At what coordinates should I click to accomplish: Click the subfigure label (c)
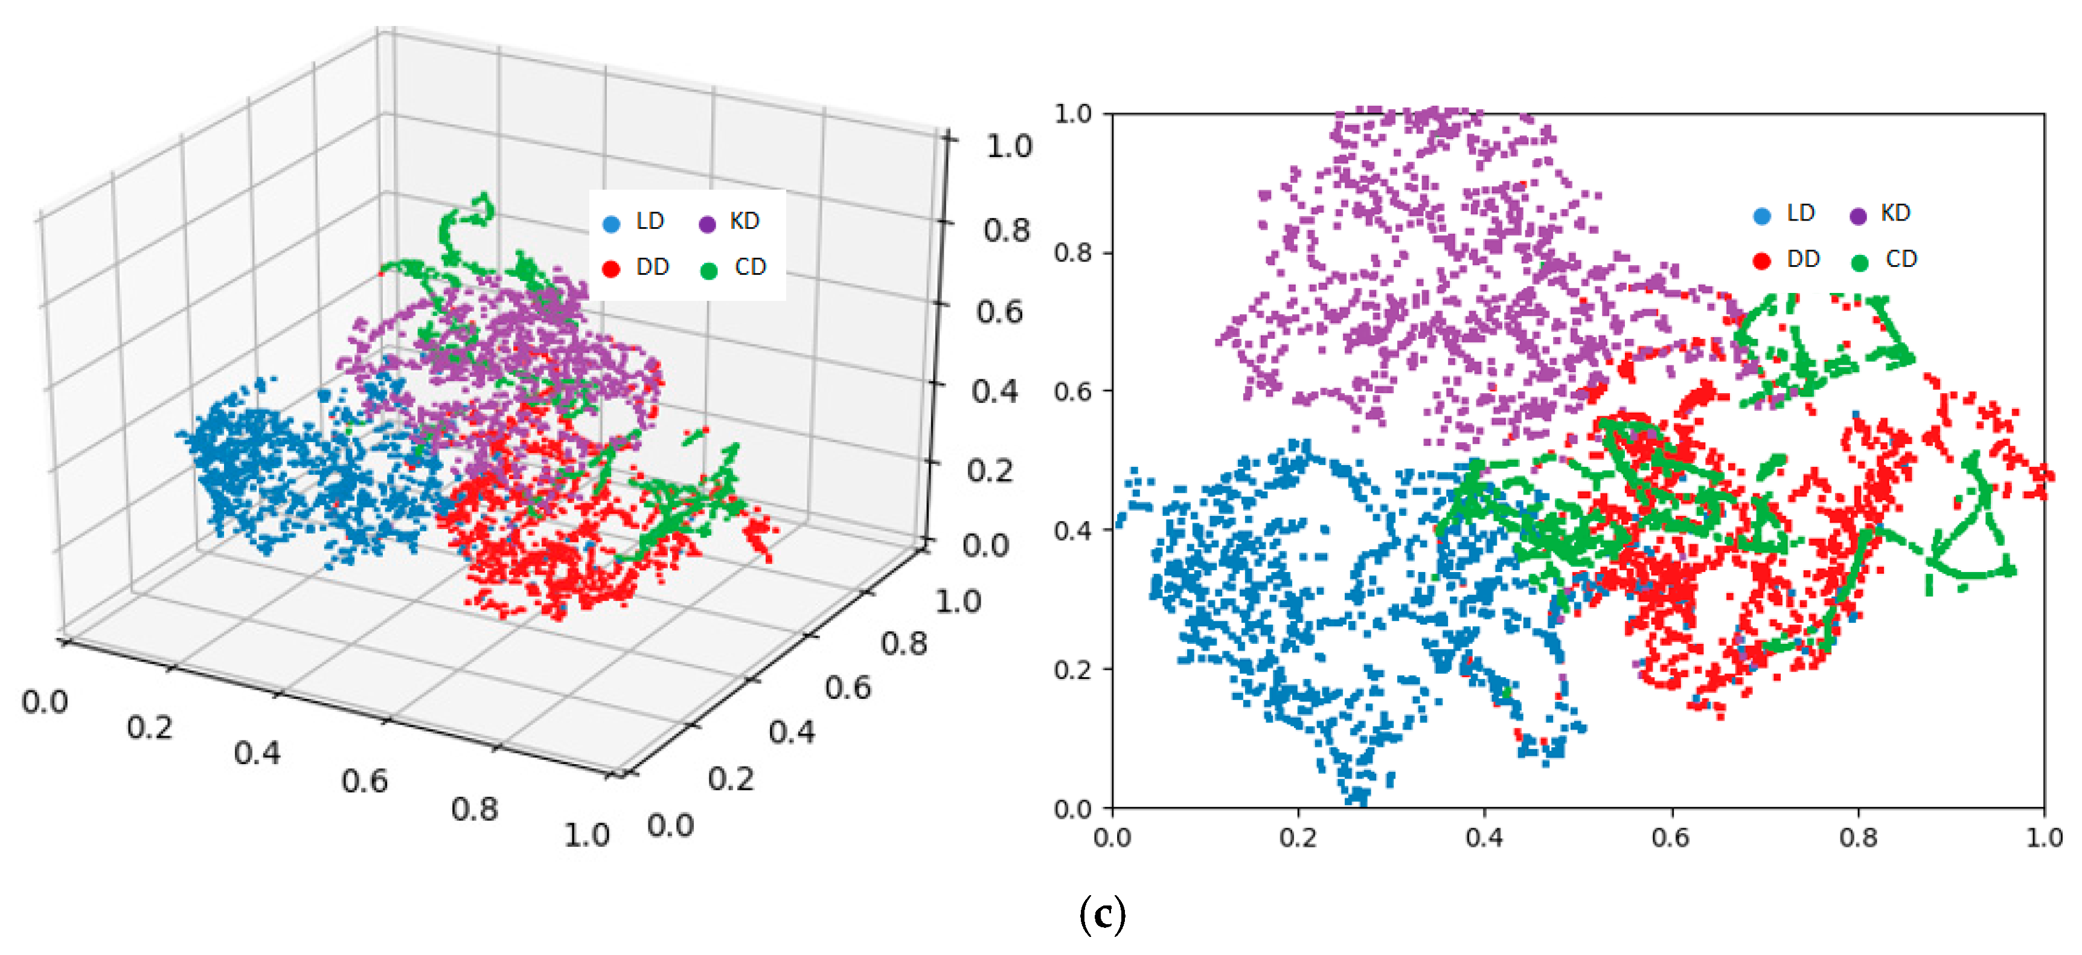1101,915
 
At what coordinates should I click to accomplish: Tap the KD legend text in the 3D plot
743,220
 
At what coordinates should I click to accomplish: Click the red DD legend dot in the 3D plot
612,268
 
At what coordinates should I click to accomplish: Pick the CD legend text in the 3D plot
749,267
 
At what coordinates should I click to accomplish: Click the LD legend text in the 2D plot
1801,213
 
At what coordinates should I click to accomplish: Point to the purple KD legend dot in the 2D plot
1858,216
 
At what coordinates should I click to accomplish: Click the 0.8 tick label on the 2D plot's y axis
1072,252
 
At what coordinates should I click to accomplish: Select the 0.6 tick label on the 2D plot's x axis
1671,838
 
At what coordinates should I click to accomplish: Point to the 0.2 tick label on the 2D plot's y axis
1072,669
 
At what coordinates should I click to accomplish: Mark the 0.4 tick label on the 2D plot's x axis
1485,838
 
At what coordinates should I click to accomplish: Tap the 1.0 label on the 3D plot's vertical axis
1008,146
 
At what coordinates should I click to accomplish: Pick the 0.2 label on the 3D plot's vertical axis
990,471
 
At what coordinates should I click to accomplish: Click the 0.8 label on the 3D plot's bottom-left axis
475,809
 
